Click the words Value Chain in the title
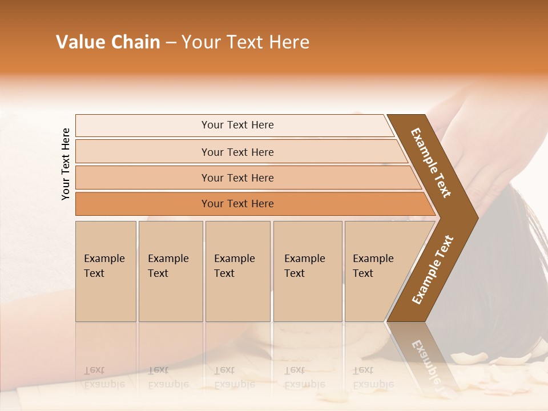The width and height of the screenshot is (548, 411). point(108,42)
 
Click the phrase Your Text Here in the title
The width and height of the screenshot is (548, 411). point(245,42)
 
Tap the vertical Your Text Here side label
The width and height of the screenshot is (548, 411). point(66,164)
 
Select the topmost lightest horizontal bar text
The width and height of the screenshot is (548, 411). point(237,125)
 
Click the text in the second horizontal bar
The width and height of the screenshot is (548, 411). point(237,152)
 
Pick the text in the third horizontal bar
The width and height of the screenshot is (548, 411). point(237,178)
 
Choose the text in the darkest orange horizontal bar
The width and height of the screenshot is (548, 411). point(237,204)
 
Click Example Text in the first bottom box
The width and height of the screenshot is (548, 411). point(104,266)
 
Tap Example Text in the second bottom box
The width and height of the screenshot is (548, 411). point(168,266)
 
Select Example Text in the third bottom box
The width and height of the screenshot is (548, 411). point(234,266)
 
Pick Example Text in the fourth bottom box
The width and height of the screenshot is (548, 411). point(304,266)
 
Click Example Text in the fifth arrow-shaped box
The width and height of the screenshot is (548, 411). point(373,266)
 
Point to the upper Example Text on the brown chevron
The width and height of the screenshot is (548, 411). point(431,163)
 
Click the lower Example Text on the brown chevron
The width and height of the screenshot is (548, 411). point(433,270)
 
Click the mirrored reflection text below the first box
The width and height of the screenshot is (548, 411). point(104,377)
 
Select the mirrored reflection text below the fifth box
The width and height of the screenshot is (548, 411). point(373,377)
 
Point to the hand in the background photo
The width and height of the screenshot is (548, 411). point(485,131)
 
